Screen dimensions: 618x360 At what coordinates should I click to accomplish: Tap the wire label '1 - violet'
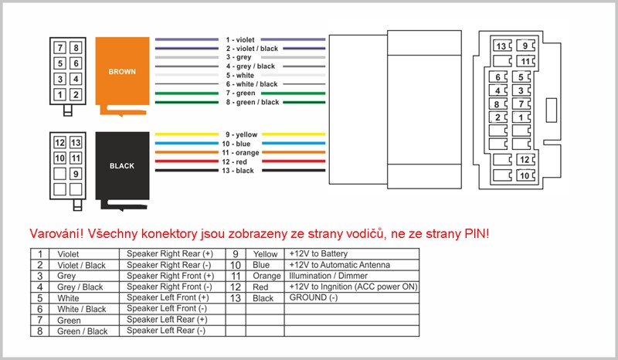point(240,40)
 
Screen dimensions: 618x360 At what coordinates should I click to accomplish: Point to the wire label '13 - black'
point(238,171)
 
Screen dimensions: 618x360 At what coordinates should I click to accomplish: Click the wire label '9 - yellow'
point(241,135)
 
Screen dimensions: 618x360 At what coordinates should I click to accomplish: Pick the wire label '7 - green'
point(240,93)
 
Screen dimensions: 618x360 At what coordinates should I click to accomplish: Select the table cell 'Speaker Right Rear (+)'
point(170,254)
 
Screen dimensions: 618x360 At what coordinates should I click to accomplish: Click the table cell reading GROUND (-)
point(314,297)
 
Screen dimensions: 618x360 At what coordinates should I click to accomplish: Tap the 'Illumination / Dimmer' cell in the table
point(328,276)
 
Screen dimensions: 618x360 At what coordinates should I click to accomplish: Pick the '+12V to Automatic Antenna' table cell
point(339,265)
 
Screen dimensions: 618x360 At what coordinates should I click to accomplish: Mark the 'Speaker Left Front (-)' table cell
point(167,309)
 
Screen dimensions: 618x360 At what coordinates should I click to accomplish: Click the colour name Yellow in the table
point(265,254)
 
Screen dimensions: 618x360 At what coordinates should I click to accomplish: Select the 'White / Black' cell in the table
point(82,309)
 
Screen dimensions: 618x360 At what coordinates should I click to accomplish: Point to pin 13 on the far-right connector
point(501,46)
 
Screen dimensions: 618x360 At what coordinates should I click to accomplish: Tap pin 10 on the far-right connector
point(525,175)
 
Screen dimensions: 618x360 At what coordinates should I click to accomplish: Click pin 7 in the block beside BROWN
point(60,48)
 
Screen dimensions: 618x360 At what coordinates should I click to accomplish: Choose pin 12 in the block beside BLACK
point(60,143)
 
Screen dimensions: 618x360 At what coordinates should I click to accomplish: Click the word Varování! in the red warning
point(56,234)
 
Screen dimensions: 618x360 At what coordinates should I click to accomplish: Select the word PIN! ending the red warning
point(477,234)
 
